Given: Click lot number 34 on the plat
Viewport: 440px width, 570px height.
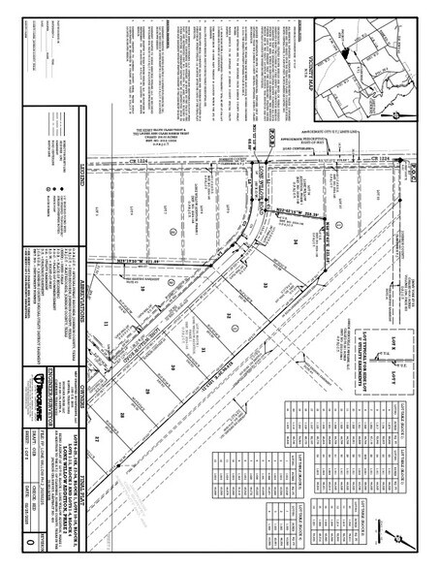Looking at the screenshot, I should point(292,242).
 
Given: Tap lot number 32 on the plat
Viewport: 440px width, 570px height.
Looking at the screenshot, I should point(231,320).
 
